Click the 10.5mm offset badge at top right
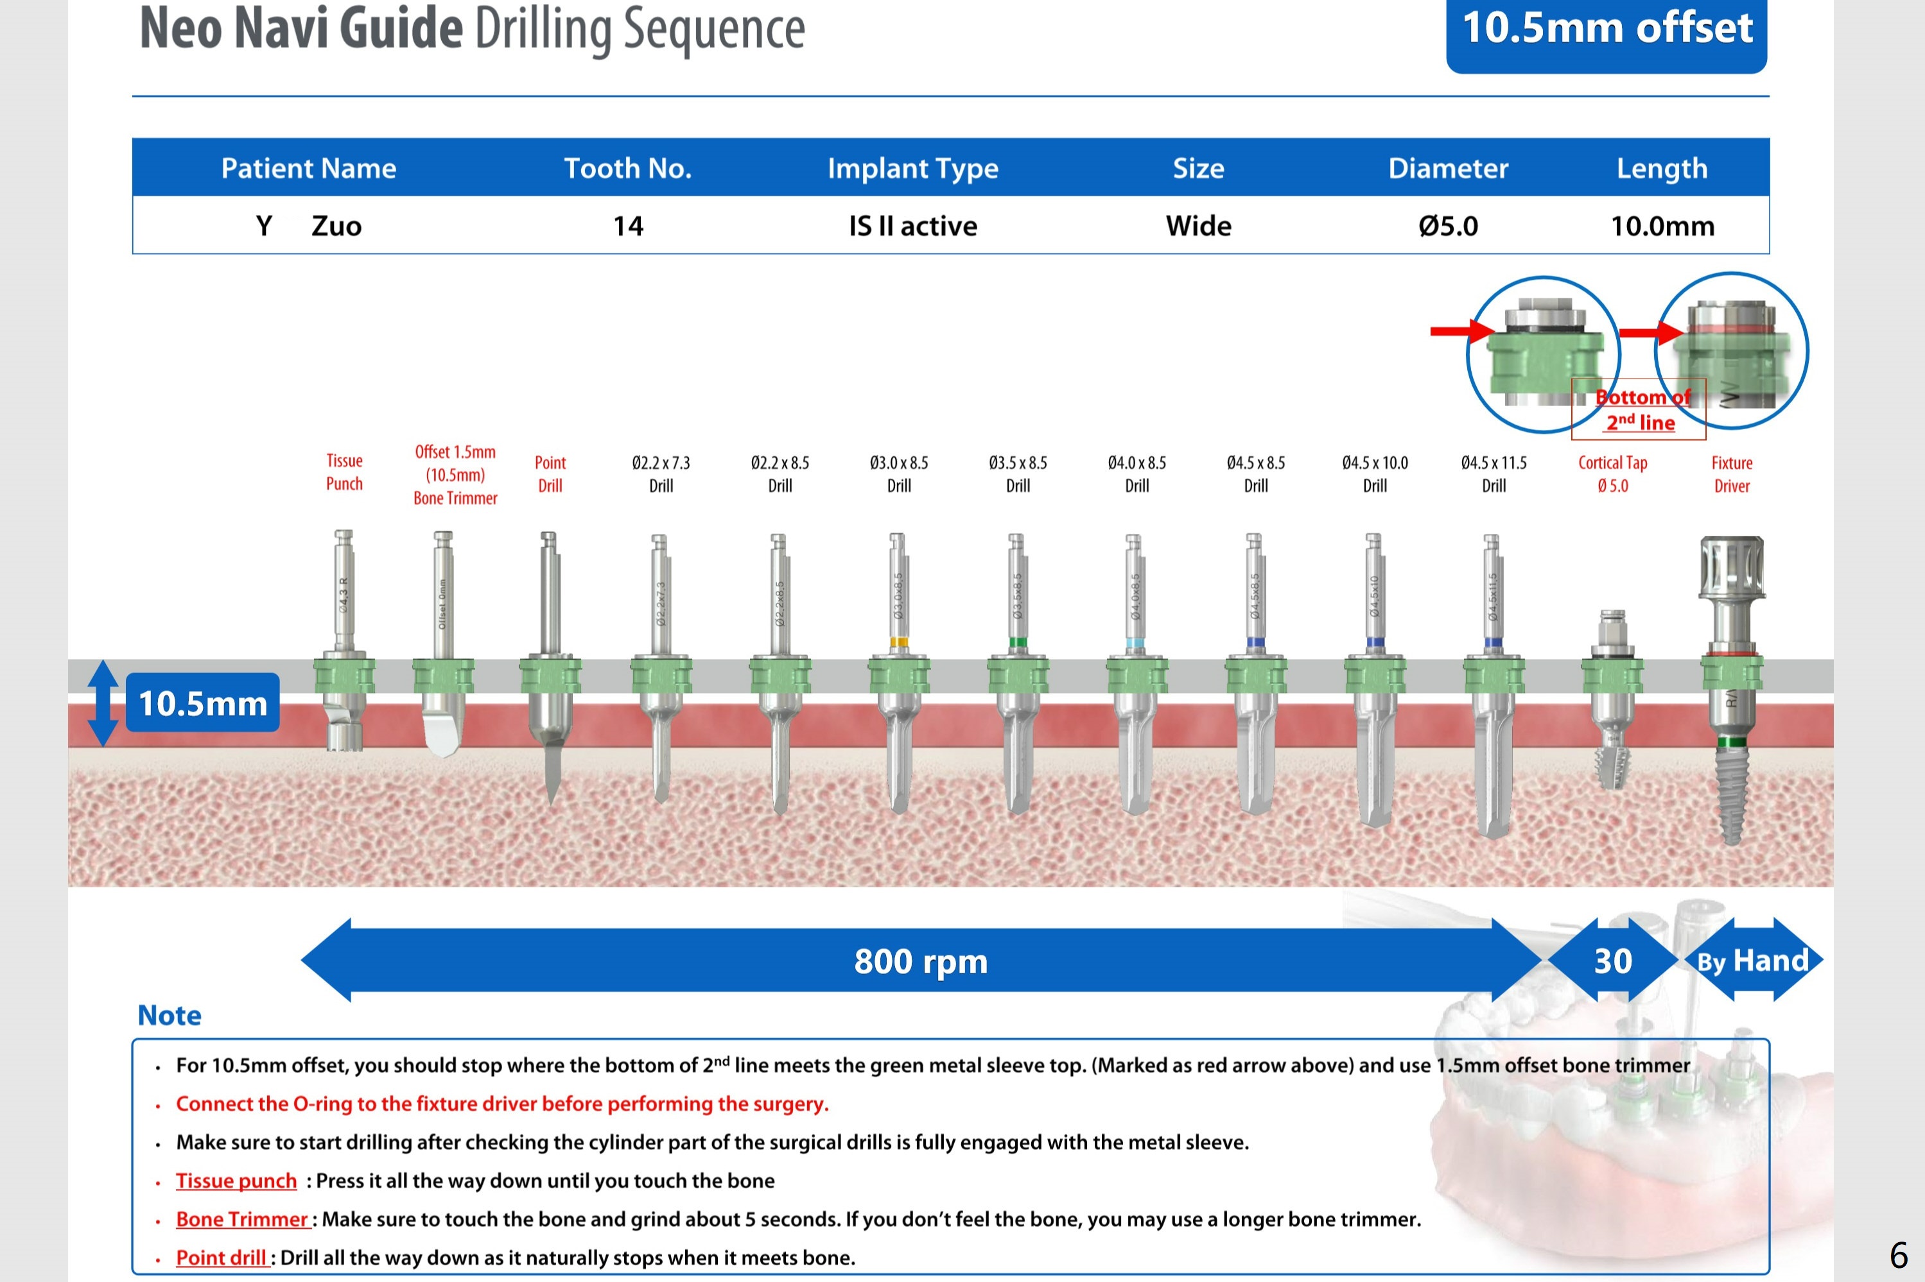1606,30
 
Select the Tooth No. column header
627,168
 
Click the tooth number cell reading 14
627,226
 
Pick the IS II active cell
912,226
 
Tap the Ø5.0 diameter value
1447,226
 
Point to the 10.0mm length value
1662,226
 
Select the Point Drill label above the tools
550,474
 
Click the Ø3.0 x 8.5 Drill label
898,474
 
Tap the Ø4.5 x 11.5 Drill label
1493,474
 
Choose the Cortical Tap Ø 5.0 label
1612,474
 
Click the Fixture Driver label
1731,474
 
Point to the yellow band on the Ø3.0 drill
898,642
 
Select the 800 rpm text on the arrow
920,961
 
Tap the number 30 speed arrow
1612,961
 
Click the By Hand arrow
1752,961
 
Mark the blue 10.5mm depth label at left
202,703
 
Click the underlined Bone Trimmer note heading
241,1219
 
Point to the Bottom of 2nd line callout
1639,409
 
